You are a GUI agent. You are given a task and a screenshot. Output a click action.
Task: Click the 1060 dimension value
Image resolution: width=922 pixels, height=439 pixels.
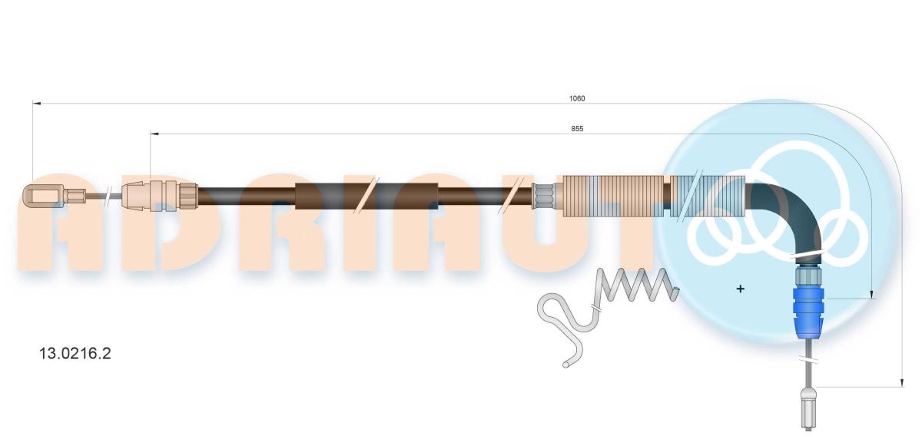(577, 99)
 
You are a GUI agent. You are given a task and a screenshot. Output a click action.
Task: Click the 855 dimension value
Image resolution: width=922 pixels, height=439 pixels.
(577, 129)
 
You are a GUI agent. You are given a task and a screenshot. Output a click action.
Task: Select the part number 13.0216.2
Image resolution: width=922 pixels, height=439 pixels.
(75, 354)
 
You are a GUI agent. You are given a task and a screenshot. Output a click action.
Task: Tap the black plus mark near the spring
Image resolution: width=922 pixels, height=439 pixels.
(740, 289)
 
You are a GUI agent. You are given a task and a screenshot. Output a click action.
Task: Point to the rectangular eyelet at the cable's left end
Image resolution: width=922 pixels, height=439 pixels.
(43, 195)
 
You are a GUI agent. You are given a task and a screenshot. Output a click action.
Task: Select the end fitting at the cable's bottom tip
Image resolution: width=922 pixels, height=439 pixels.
(808, 409)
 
